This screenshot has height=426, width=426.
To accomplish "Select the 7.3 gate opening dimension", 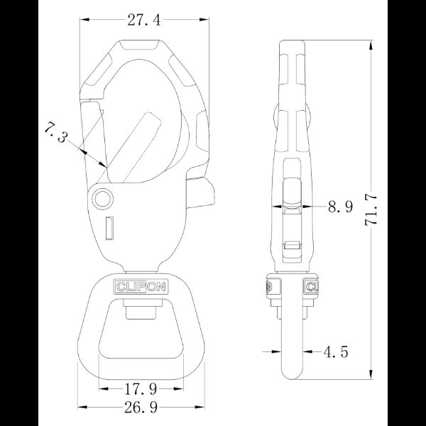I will [x=56, y=133].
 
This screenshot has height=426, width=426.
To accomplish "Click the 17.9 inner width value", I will [x=138, y=388].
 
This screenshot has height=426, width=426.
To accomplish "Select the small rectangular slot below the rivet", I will [x=109, y=229].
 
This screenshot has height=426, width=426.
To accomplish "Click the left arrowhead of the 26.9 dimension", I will [x=81, y=408].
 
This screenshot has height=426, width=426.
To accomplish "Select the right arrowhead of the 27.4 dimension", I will [x=207, y=20].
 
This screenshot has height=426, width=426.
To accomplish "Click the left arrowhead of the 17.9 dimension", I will [x=102, y=388].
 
